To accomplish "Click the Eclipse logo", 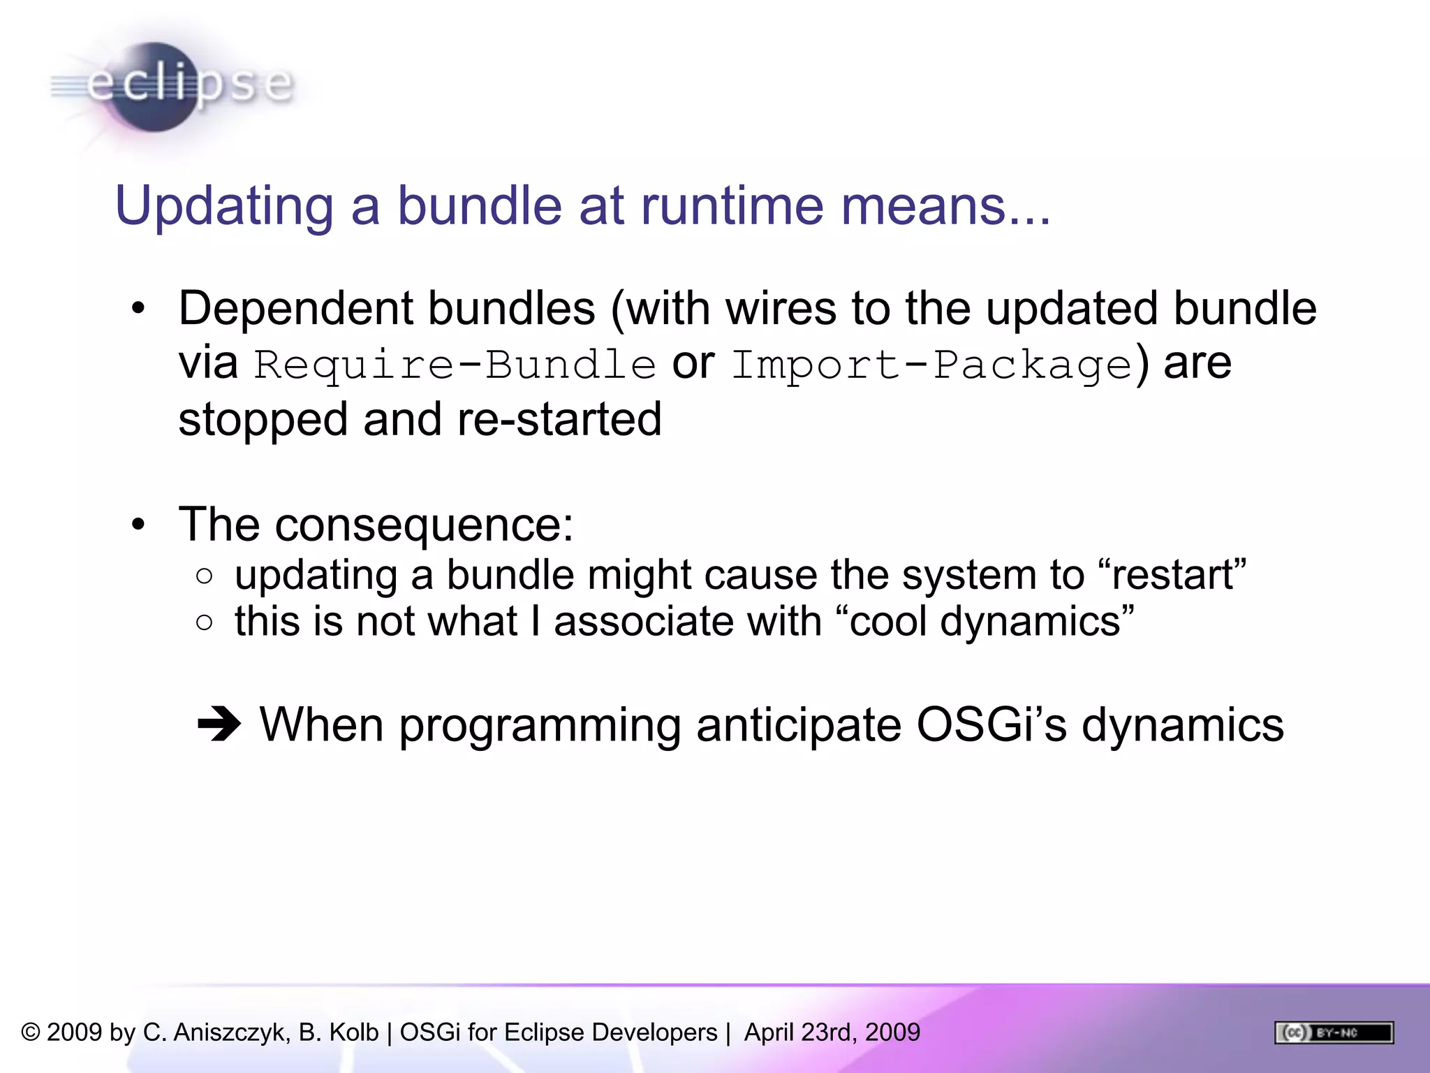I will point(171,87).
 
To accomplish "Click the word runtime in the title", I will point(731,206).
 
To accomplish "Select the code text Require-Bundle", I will point(455,365).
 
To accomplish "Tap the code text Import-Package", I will point(931,365).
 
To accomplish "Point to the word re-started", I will point(559,420).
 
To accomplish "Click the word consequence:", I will point(424,525).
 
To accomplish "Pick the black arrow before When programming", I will point(219,724).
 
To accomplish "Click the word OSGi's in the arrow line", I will point(991,724).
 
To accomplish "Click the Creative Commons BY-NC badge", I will point(1334,1032).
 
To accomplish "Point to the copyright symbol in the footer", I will point(31,1032).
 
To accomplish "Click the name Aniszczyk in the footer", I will point(231,1032).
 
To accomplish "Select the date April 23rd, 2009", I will point(832,1032).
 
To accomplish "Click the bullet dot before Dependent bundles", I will point(138,308).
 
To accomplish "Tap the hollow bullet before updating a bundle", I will point(204,576).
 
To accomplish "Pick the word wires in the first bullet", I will point(781,308).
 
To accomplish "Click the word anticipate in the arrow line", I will point(798,724).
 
